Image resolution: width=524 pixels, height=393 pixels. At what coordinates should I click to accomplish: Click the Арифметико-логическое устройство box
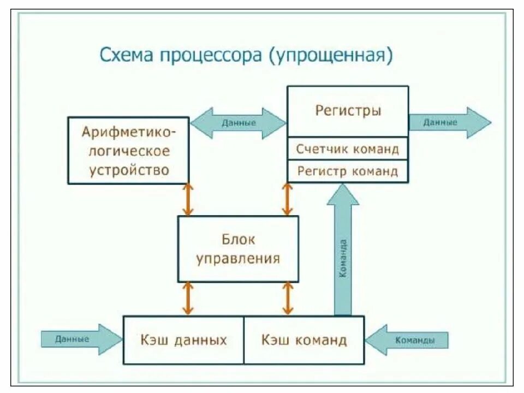(x=128, y=150)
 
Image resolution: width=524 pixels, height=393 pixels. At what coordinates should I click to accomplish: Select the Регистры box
(x=348, y=111)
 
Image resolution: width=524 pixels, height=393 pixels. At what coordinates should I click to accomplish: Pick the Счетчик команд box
(x=348, y=148)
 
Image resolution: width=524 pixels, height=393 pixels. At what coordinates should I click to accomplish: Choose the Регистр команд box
(x=348, y=171)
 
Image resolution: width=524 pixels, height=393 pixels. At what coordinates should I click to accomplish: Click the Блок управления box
(x=238, y=249)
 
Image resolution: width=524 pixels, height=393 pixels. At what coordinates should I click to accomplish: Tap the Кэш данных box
(x=183, y=340)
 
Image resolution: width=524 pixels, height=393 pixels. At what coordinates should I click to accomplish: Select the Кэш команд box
(x=304, y=340)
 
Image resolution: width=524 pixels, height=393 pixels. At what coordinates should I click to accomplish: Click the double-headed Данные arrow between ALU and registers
(x=239, y=123)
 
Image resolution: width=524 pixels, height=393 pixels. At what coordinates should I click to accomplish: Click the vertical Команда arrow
(x=343, y=251)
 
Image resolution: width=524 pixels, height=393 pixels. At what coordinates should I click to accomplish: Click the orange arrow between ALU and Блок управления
(x=188, y=199)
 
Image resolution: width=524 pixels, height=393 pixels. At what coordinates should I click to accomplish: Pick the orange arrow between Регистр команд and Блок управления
(x=287, y=199)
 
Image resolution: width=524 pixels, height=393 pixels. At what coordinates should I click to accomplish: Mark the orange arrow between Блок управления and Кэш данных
(x=188, y=299)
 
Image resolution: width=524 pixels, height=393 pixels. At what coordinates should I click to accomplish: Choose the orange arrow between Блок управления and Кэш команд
(x=287, y=299)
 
